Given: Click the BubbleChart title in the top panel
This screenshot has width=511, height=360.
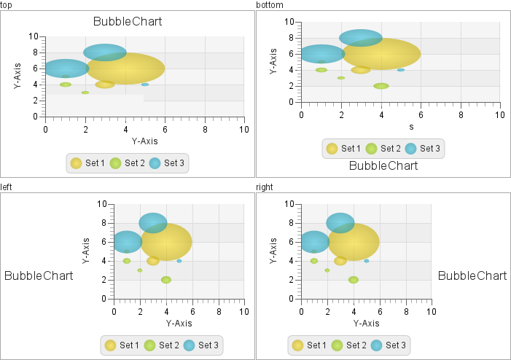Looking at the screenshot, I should [x=128, y=21].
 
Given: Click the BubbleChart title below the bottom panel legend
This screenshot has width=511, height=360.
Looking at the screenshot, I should [x=383, y=165].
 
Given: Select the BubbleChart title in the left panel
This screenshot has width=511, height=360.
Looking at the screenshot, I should [x=39, y=275].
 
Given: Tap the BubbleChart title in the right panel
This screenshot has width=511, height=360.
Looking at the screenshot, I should [x=472, y=275].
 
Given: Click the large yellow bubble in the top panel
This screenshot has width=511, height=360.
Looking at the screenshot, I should [x=125, y=69].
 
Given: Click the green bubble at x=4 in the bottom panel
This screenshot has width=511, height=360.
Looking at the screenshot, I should [x=381, y=86].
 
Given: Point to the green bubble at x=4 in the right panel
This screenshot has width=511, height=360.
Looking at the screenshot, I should [x=354, y=280].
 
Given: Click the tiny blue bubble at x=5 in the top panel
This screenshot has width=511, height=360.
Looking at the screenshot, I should [x=145, y=85].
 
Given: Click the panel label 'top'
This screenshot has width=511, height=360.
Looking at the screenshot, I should [x=6, y=5].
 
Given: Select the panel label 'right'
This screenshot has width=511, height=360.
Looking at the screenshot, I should [x=266, y=187].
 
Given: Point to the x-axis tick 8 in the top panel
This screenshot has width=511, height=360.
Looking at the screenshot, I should [x=205, y=129].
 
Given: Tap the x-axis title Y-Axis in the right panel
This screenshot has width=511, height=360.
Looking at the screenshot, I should [x=366, y=323].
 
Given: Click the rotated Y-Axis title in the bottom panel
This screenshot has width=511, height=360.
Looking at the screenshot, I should [x=273, y=62].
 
